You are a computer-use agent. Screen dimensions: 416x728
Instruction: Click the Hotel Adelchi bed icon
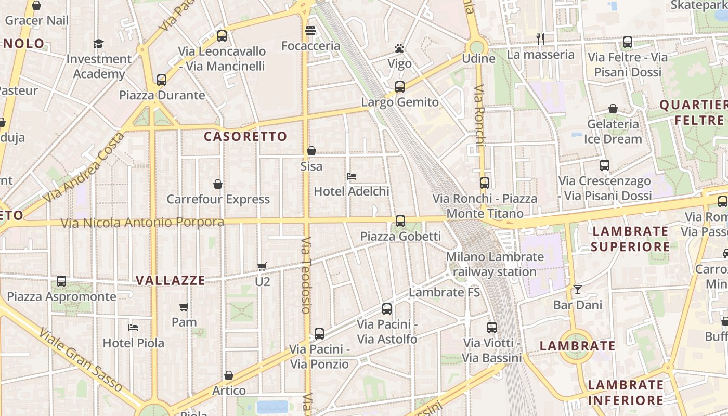click(352, 176)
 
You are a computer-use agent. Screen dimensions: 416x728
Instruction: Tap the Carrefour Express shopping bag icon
click(218, 184)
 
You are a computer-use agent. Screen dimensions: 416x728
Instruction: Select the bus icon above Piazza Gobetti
click(400, 221)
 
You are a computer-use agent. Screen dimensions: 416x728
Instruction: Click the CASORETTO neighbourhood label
click(245, 137)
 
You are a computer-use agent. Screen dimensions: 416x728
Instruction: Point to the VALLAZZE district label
click(171, 280)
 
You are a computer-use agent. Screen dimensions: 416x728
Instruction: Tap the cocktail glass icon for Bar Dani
click(577, 290)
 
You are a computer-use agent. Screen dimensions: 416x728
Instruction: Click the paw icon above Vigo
click(399, 49)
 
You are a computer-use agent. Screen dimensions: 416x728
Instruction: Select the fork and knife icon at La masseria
click(540, 39)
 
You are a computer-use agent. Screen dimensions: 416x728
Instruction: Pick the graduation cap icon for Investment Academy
click(98, 44)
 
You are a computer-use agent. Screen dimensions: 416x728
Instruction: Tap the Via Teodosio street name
click(306, 276)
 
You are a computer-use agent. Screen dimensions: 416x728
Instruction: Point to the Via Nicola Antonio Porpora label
click(142, 223)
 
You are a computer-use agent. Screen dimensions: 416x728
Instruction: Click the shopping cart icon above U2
click(262, 266)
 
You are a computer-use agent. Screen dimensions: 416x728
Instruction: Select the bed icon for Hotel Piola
click(133, 328)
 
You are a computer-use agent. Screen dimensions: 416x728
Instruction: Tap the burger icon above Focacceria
click(310, 31)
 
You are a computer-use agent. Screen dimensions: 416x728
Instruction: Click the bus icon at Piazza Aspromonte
click(61, 281)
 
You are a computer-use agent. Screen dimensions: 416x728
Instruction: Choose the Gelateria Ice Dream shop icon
click(613, 109)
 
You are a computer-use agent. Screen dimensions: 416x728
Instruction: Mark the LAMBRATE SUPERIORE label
click(630, 239)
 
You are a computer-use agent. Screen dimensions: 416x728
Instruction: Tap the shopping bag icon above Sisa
click(311, 151)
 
